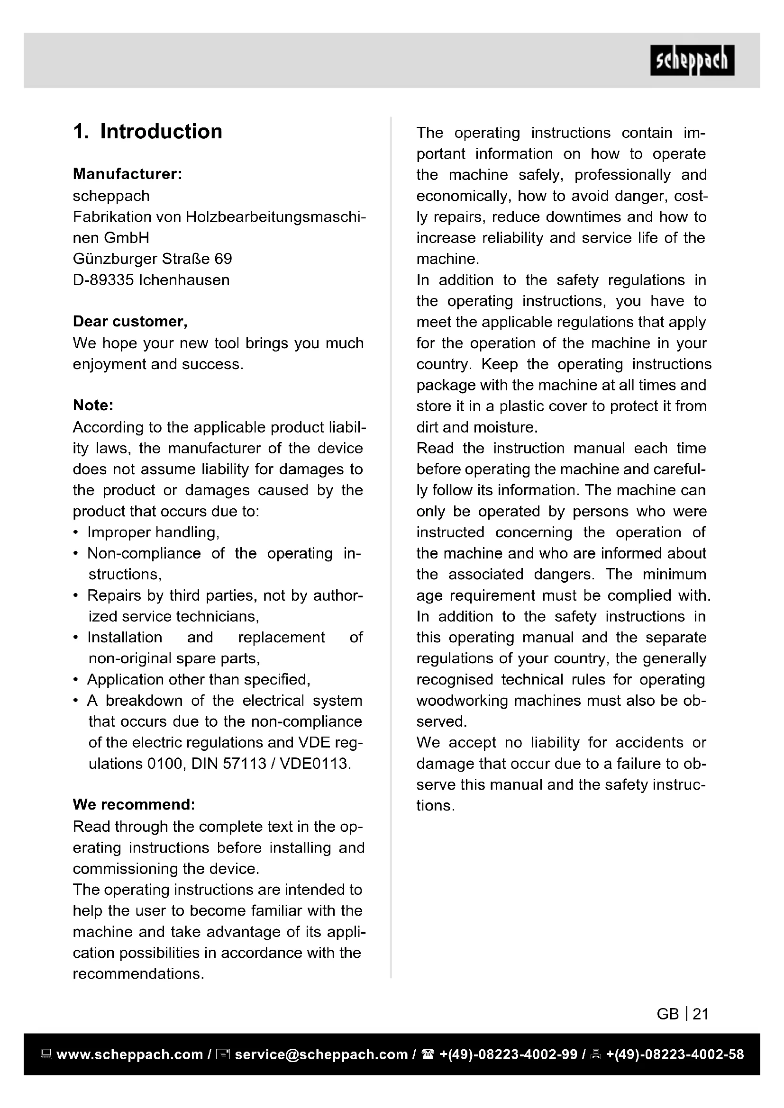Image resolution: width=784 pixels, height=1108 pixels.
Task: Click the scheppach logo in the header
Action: coord(692,60)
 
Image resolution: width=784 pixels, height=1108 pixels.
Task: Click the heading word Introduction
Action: coord(161,132)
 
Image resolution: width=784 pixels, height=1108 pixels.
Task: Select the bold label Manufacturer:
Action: coord(128,174)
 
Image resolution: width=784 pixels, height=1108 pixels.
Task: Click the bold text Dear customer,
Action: coord(130,321)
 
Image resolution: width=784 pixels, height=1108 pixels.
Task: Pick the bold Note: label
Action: coord(93,405)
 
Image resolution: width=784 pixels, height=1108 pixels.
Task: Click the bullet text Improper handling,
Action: coord(154,532)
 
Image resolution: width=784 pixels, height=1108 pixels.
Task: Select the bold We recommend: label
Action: coord(134,804)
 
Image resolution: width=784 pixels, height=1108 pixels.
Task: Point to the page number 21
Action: coord(701,1014)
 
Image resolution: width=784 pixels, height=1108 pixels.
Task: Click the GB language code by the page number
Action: coord(668,1014)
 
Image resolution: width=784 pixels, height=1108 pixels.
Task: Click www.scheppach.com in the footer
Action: coord(129,1054)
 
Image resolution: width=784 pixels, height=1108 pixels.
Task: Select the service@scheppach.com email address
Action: coord(321,1054)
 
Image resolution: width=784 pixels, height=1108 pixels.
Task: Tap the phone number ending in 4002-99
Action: coord(508,1054)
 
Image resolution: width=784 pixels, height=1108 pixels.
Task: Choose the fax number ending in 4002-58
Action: coord(675,1054)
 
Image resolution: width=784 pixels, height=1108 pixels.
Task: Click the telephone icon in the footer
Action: coord(428,1054)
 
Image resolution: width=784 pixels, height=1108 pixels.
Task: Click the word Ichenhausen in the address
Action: coord(184,280)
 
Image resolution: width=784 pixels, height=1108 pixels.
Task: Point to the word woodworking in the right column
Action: coord(462,700)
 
